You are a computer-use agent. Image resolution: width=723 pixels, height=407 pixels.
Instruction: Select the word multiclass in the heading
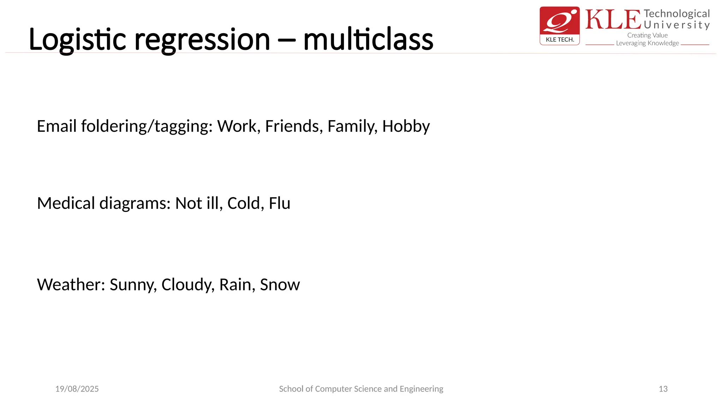pyautogui.click(x=368, y=40)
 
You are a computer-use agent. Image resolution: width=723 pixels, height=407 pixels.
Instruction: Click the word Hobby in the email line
pyautogui.click(x=406, y=126)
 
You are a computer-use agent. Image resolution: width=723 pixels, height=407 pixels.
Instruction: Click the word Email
pyautogui.click(x=56, y=126)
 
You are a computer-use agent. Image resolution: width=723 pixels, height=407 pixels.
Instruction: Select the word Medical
pyautogui.click(x=66, y=203)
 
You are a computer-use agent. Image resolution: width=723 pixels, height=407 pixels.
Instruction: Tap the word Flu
pyautogui.click(x=279, y=203)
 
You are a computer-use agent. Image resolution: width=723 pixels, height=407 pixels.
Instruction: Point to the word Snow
pyautogui.click(x=280, y=285)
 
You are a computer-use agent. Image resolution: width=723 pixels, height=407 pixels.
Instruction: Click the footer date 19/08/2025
pyautogui.click(x=77, y=389)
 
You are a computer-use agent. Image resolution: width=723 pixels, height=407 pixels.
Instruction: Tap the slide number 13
pyautogui.click(x=663, y=389)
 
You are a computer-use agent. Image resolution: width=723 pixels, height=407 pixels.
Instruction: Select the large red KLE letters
pyautogui.click(x=613, y=20)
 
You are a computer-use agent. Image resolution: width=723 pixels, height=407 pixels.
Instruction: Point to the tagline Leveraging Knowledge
pyautogui.click(x=647, y=43)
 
